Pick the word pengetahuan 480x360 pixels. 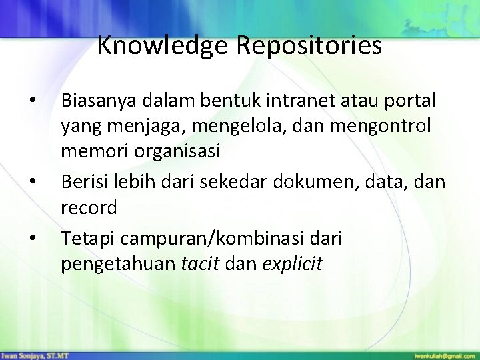(119, 264)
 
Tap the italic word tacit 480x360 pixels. (199, 264)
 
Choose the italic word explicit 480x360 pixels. (293, 264)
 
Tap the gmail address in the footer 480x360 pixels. (444, 354)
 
